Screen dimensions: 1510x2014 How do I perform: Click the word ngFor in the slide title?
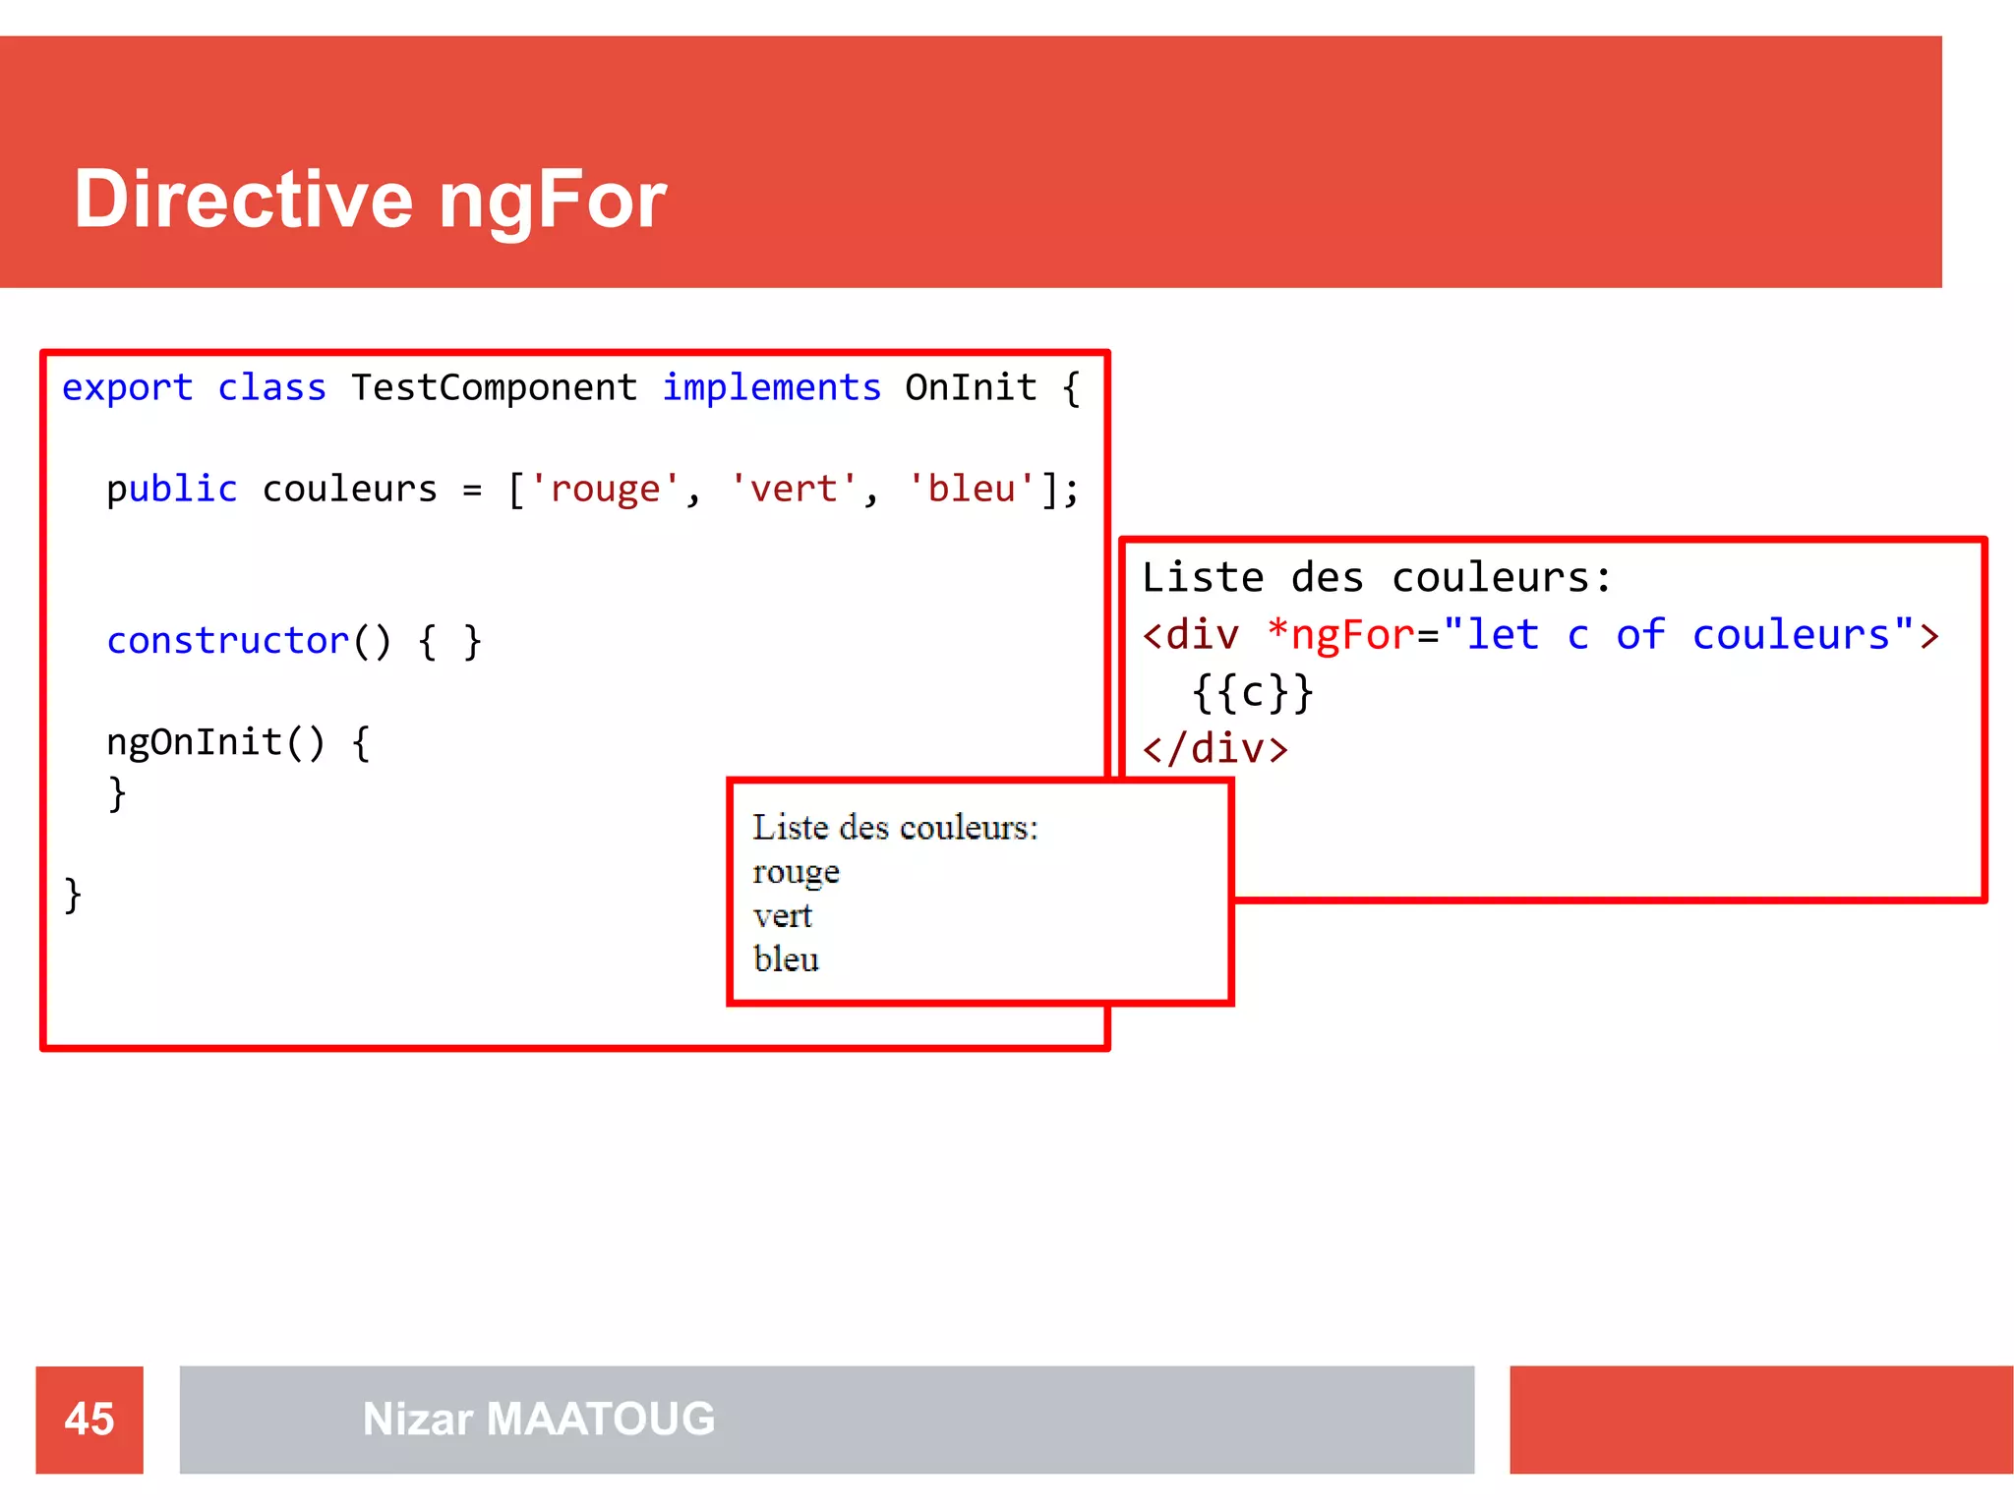click(x=552, y=201)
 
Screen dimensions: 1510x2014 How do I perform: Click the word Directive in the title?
click(x=243, y=199)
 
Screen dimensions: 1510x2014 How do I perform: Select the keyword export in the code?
click(x=127, y=388)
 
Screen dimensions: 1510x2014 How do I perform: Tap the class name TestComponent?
click(x=494, y=387)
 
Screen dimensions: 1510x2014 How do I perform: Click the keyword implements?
click(x=771, y=388)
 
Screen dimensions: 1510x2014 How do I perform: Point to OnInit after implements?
click(x=971, y=387)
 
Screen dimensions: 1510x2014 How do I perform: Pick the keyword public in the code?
click(x=172, y=489)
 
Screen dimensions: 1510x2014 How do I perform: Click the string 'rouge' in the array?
click(x=605, y=489)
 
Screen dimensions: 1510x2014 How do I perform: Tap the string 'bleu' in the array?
click(x=971, y=489)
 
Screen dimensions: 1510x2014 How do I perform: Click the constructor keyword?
click(x=227, y=641)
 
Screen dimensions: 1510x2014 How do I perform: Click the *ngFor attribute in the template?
click(x=1340, y=635)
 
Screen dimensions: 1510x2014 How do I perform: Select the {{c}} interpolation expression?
click(x=1252, y=692)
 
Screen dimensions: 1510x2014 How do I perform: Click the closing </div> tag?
click(x=1215, y=749)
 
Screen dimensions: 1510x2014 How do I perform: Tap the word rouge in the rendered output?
click(x=796, y=872)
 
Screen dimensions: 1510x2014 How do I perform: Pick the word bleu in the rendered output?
click(x=786, y=958)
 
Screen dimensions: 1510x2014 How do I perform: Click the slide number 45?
click(x=89, y=1419)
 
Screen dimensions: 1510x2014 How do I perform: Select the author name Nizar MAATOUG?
click(x=539, y=1419)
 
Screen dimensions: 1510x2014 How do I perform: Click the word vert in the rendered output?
click(x=783, y=916)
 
